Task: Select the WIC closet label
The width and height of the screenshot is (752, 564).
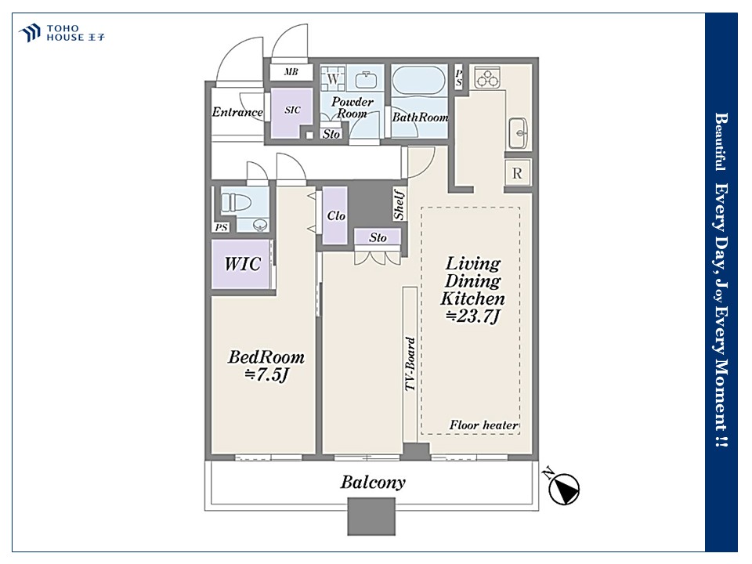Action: click(243, 264)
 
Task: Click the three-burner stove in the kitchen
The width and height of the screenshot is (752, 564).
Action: click(487, 78)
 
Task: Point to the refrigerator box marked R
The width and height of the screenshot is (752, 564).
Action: click(517, 173)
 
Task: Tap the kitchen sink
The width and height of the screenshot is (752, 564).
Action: click(518, 132)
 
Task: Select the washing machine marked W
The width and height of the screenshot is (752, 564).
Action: click(332, 78)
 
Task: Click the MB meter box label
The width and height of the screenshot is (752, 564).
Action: click(291, 72)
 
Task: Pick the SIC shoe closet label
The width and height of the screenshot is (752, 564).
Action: click(292, 110)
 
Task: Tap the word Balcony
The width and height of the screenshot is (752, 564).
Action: click(373, 482)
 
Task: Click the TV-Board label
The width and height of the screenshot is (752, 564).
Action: click(410, 364)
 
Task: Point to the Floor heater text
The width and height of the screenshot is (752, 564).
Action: click(483, 425)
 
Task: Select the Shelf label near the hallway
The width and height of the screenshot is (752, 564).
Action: click(399, 204)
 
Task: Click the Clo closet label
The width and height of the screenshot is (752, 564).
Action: click(336, 216)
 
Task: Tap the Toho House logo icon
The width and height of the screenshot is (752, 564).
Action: click(29, 33)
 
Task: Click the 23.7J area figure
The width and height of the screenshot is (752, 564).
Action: click(473, 316)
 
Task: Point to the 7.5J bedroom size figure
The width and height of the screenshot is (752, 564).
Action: click(266, 374)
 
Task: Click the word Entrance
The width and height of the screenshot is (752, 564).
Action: click(237, 112)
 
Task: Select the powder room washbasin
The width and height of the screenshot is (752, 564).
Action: click(366, 80)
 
